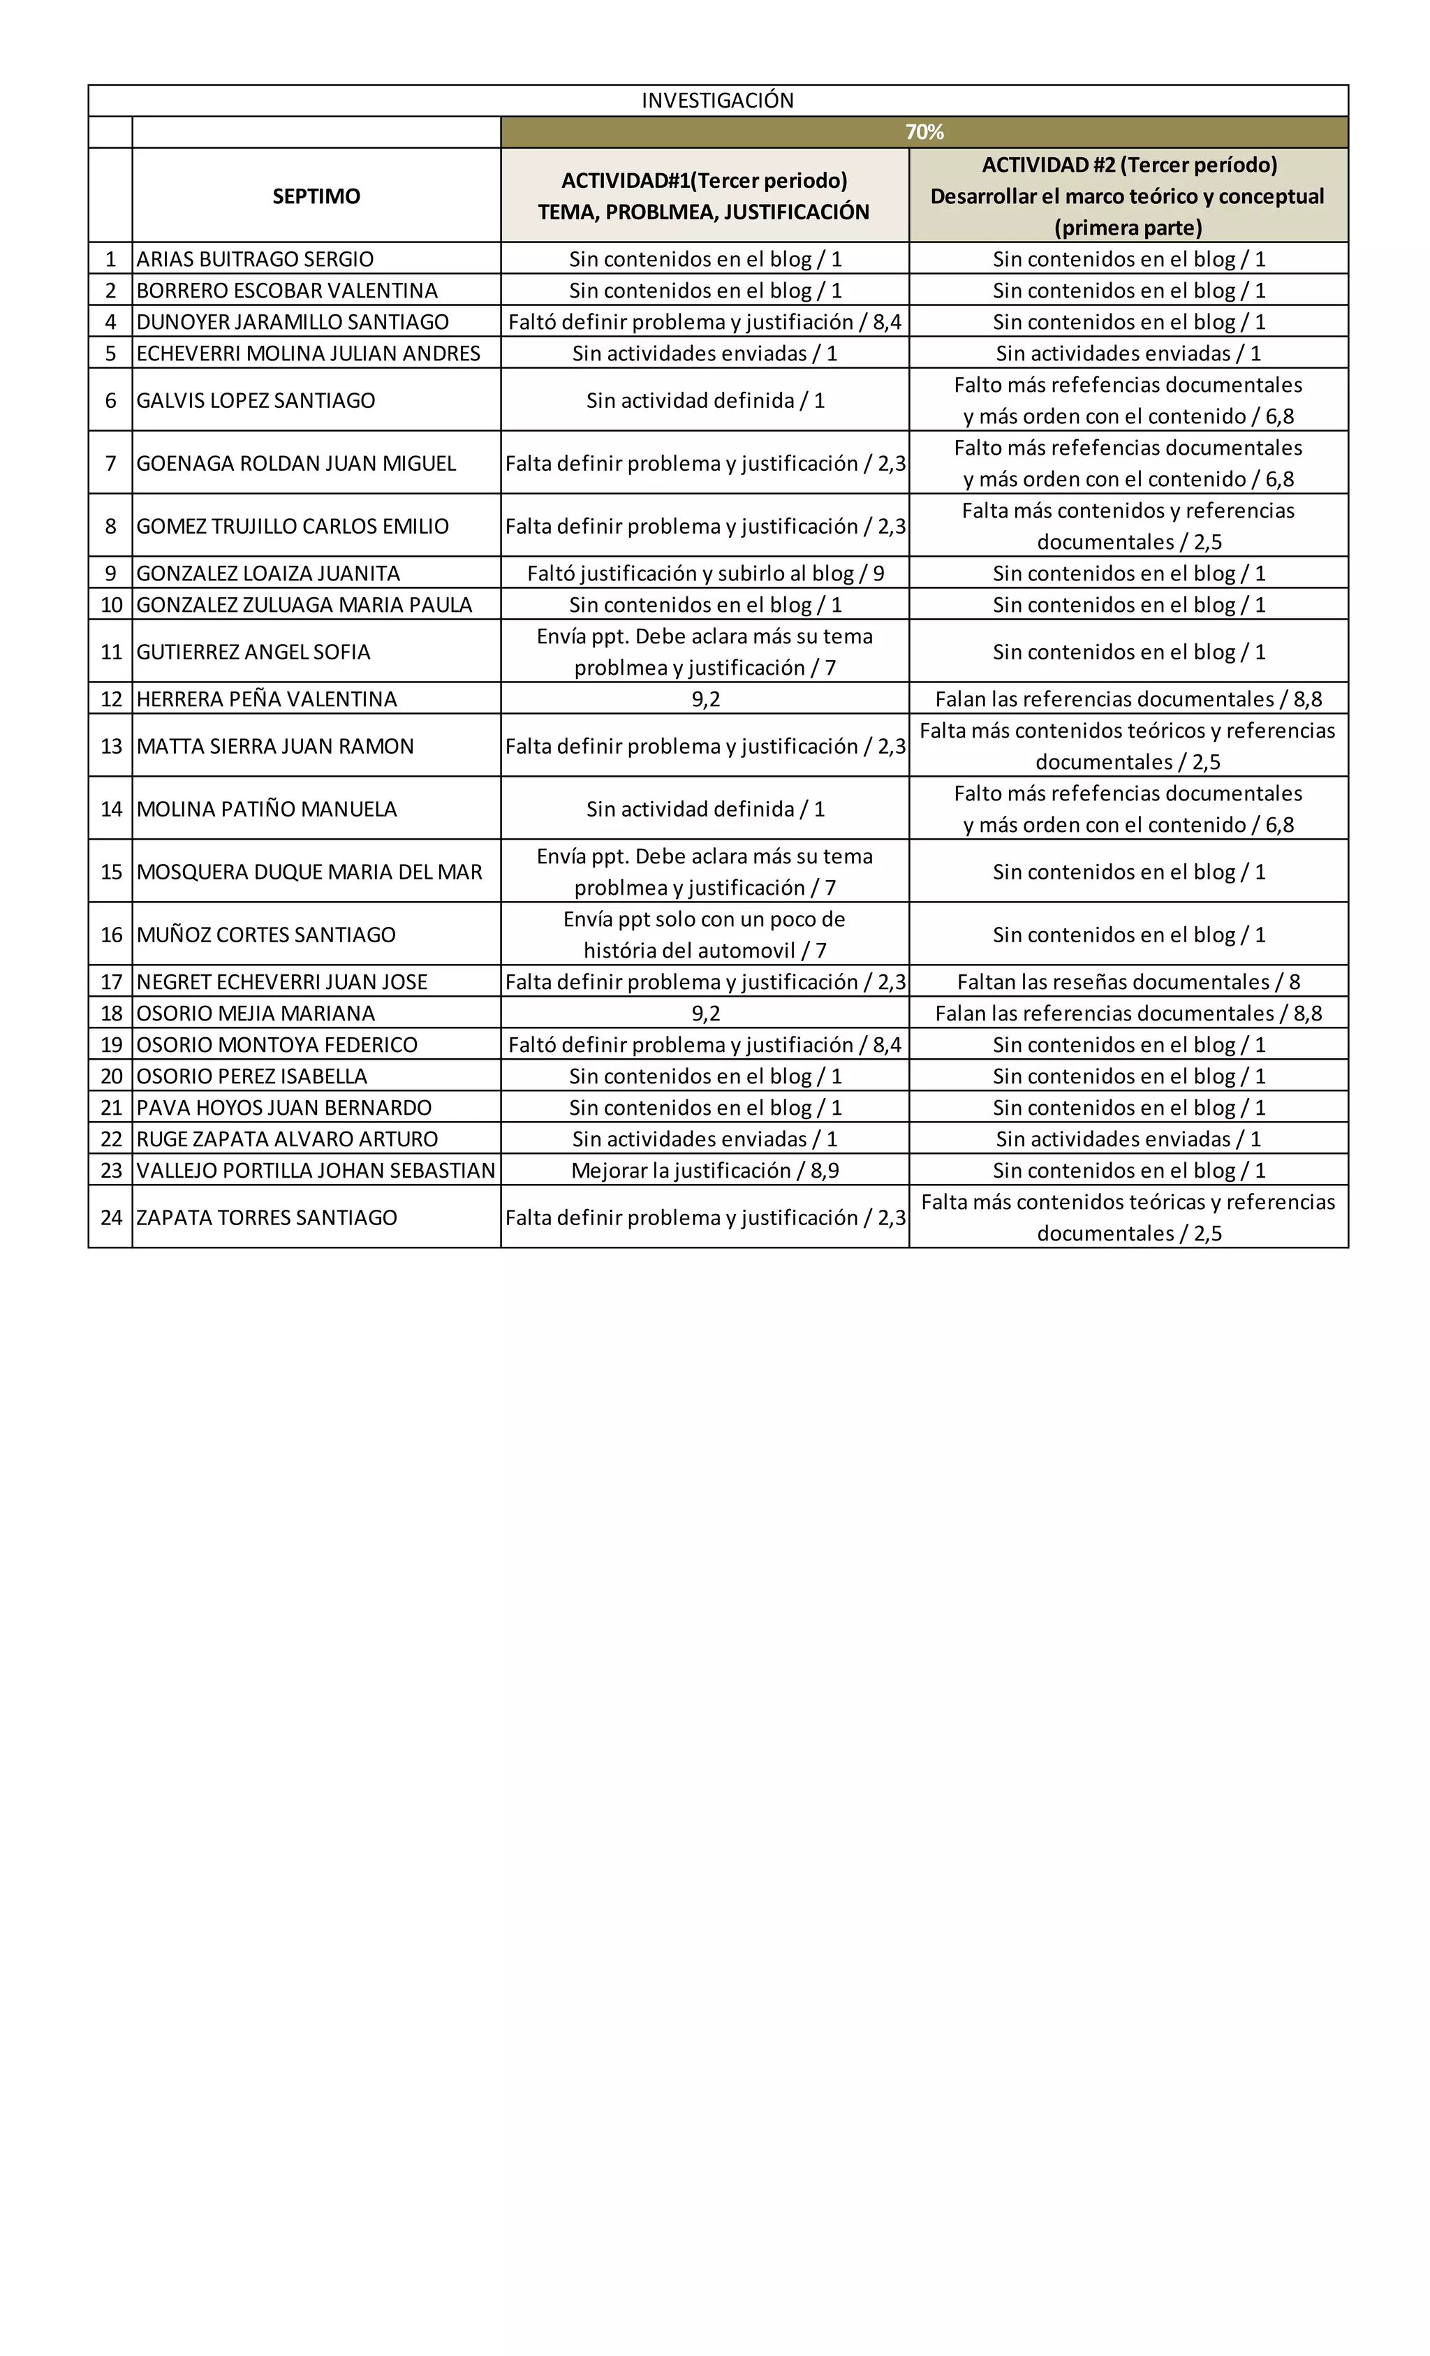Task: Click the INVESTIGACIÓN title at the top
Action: pyautogui.click(x=717, y=101)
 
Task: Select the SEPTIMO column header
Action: pyautogui.click(x=316, y=196)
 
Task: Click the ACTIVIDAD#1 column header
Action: pyautogui.click(x=704, y=196)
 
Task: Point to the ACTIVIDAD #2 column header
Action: pyautogui.click(x=1128, y=196)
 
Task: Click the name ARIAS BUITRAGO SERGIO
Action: pyautogui.click(x=256, y=259)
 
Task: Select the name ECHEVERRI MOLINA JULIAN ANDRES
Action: pyautogui.click(x=308, y=353)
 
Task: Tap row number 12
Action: pyautogui.click(x=111, y=699)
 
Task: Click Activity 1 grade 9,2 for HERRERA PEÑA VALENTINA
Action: pyautogui.click(x=705, y=699)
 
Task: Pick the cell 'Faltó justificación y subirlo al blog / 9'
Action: pyautogui.click(x=705, y=573)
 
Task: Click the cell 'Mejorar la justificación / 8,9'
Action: pyautogui.click(x=705, y=1171)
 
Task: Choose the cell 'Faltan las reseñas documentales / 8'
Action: pyautogui.click(x=1128, y=982)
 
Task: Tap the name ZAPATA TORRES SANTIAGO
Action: pyautogui.click(x=267, y=1217)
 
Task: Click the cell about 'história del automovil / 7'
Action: pyautogui.click(x=705, y=934)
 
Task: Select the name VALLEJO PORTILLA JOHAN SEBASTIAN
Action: pyautogui.click(x=316, y=1171)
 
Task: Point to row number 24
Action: pyautogui.click(x=111, y=1217)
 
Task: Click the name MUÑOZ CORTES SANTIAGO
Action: pyautogui.click(x=266, y=934)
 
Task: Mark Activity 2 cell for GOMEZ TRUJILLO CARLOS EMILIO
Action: pyautogui.click(x=1128, y=526)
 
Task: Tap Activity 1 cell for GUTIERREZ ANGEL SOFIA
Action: pyautogui.click(x=705, y=651)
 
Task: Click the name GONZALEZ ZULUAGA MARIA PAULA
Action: pyautogui.click(x=304, y=604)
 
